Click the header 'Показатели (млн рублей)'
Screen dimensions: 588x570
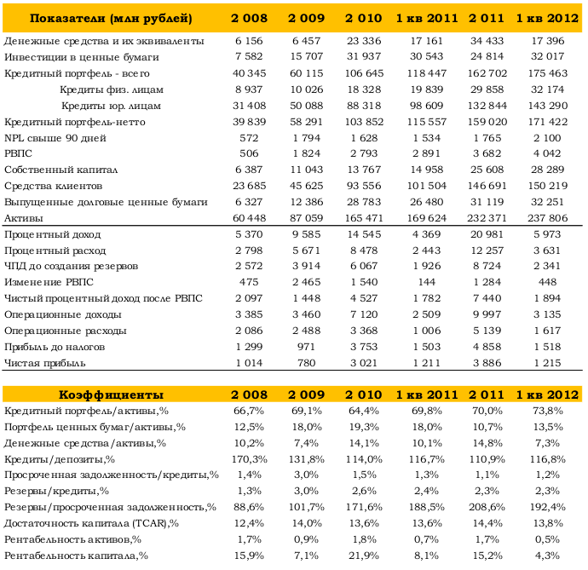(111, 18)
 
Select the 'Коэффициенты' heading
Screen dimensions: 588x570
(111, 394)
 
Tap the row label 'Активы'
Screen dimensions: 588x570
(24, 218)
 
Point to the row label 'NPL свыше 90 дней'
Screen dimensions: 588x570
(55, 138)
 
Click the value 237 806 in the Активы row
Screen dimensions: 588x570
(547, 218)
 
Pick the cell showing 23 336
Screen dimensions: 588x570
(364, 41)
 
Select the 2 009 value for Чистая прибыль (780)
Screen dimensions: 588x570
(307, 363)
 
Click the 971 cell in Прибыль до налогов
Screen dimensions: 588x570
(307, 347)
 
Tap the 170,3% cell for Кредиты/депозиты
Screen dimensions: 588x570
(249, 459)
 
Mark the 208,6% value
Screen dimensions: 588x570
(487, 507)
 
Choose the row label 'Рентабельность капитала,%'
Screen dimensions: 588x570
(76, 556)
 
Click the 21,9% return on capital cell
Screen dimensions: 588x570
(364, 556)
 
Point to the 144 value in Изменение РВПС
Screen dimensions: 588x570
(427, 282)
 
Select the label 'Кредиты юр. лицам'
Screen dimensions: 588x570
(111, 106)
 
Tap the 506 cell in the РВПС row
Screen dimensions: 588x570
(249, 153)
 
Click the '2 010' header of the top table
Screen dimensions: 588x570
(363, 18)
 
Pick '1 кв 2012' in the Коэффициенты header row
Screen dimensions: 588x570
(547, 394)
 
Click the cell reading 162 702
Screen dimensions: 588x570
(487, 73)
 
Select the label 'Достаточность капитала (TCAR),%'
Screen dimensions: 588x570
(91, 523)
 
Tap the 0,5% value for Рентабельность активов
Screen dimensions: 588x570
(547, 539)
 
